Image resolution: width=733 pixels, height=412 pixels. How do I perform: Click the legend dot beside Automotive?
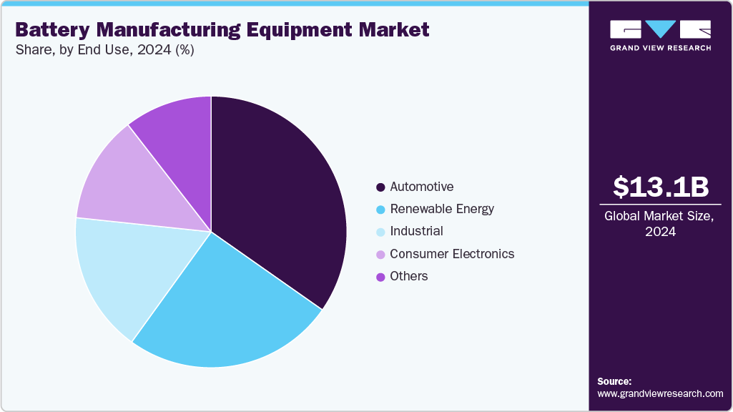[381, 187]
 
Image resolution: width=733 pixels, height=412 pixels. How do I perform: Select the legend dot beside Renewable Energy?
[381, 210]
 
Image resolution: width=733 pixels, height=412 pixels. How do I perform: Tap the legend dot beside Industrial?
[381, 232]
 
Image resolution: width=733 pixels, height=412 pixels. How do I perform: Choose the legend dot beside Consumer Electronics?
[381, 255]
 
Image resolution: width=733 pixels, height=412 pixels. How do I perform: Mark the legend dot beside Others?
[381, 277]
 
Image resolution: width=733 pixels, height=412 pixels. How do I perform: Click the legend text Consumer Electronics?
[452, 254]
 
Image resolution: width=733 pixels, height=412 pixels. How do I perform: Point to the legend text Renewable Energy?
[442, 209]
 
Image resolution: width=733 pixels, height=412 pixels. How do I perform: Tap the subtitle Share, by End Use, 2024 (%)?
[104, 51]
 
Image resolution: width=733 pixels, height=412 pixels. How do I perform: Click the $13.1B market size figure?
[661, 187]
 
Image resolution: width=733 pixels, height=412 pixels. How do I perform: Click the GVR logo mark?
[660, 29]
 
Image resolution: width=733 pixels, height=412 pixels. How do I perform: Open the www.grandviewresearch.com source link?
[660, 393]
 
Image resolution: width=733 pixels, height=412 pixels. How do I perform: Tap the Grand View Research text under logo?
[660, 48]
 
